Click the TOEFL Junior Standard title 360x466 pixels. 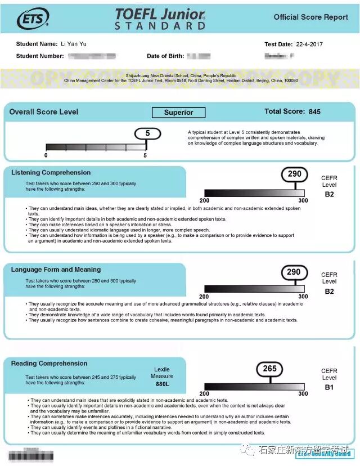pos(160,19)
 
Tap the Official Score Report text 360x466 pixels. pos(311,17)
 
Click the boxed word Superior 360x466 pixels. pos(178,113)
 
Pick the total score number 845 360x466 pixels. pos(314,112)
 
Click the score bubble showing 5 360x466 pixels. pos(147,134)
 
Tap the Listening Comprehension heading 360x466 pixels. pos(51,173)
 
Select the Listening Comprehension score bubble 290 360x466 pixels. pos(294,174)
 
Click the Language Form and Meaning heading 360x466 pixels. pos(56,270)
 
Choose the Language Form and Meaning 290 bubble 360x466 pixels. pos(294,272)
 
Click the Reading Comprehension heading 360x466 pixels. pos(49,364)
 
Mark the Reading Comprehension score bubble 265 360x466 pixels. pos(270,369)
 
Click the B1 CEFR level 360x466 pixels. pos(329,387)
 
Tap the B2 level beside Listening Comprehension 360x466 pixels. pos(329,195)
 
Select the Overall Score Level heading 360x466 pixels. pos(44,112)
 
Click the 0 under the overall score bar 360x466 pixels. pos(46,155)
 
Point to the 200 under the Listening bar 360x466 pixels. pos(204,201)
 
